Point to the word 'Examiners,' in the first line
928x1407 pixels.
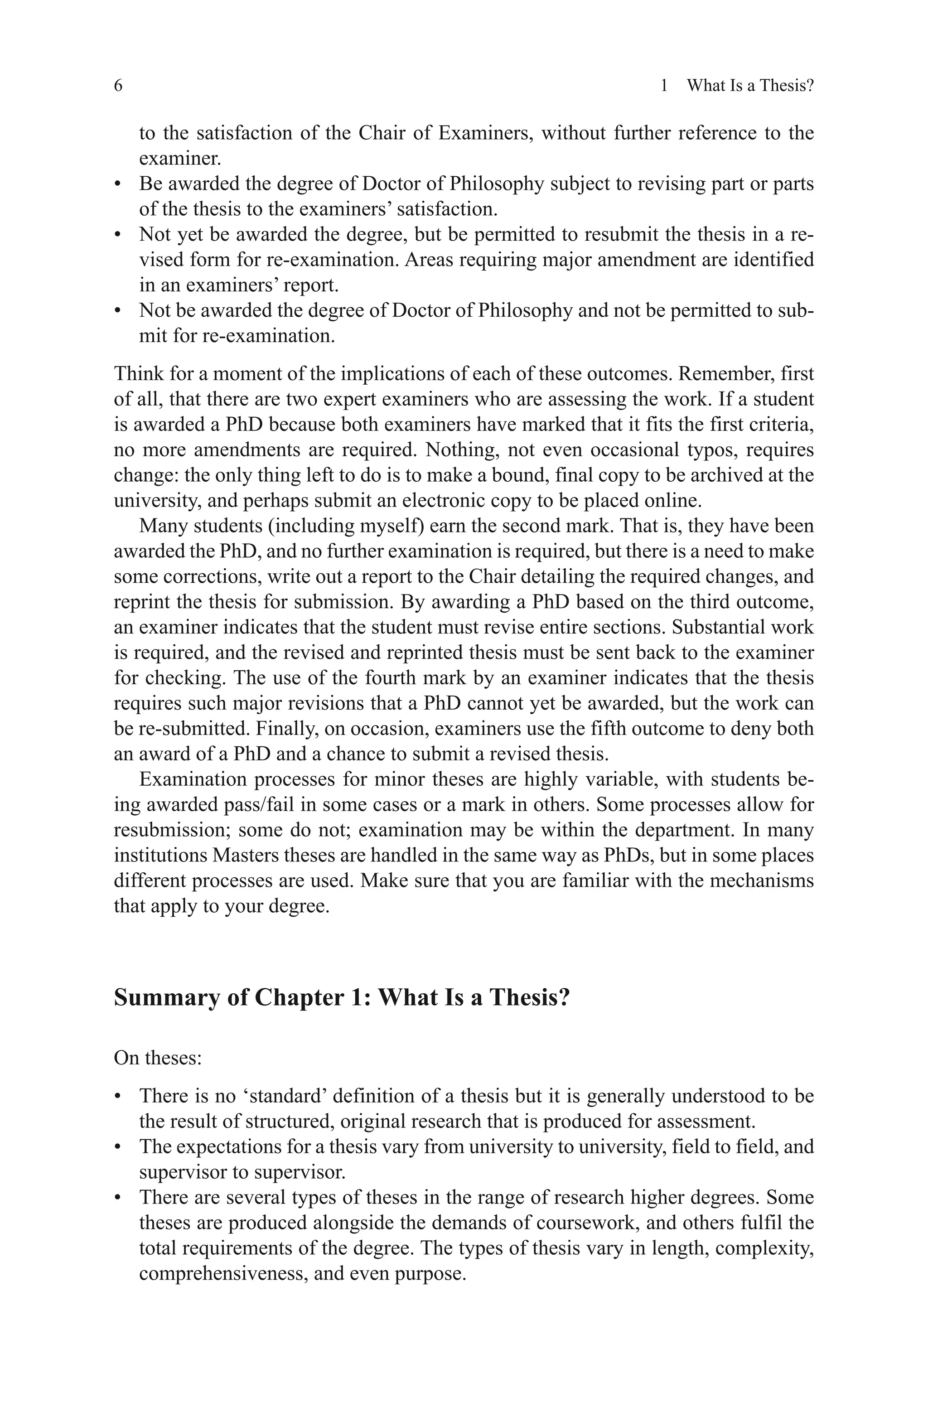click(486, 133)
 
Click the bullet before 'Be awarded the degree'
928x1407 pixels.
click(118, 184)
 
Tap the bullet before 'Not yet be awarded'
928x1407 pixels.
click(118, 235)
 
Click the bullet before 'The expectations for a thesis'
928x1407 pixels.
click(118, 1147)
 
